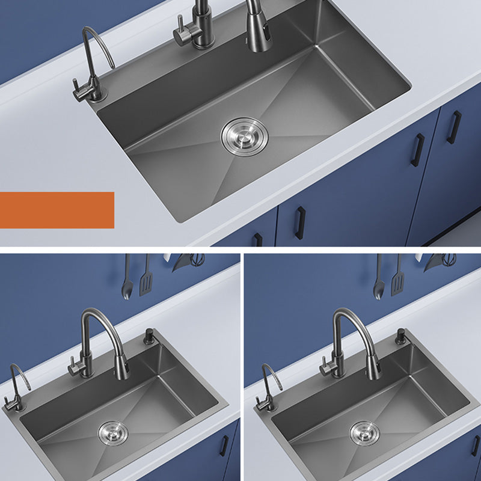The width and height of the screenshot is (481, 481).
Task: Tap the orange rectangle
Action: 57,210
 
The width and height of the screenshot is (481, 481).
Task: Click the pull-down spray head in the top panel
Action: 259,30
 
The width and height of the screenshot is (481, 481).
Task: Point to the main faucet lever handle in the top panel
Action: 180,30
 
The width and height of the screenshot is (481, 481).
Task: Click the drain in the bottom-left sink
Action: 112,432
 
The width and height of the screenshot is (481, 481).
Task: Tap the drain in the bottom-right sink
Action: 364,432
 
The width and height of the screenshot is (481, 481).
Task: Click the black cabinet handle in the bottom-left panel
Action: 224,445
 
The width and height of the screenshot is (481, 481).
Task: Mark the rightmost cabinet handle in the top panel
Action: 456,127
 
